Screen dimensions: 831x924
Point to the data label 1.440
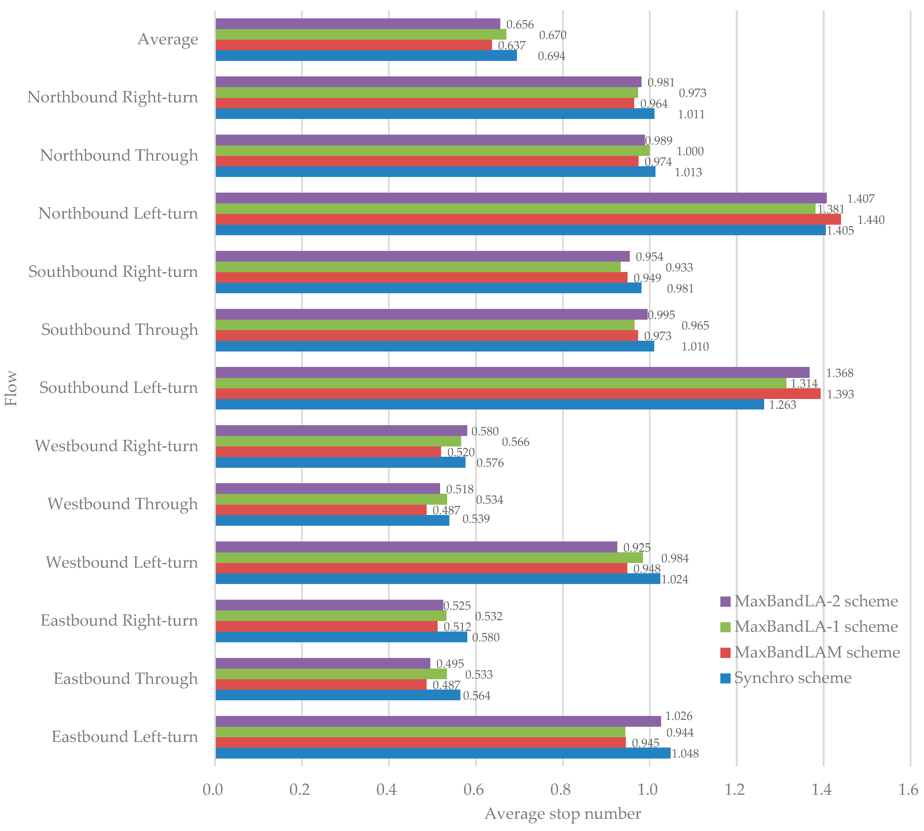click(x=871, y=220)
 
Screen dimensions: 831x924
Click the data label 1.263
click(x=783, y=405)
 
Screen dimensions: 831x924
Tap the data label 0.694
click(x=551, y=56)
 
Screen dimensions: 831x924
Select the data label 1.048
click(x=685, y=753)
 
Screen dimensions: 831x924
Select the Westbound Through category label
click(x=123, y=504)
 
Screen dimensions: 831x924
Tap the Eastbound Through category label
click(x=126, y=679)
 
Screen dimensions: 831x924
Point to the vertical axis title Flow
click(x=11, y=388)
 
